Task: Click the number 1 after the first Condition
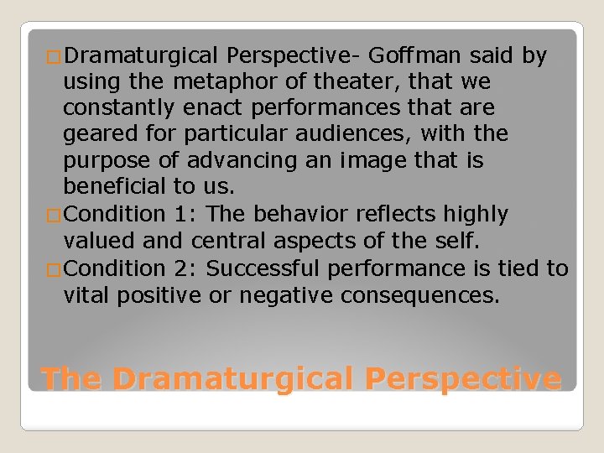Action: (x=182, y=214)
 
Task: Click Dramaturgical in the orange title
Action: (x=230, y=379)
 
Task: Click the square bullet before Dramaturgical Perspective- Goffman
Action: (x=55, y=58)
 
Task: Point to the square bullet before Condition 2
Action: (x=55, y=270)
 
